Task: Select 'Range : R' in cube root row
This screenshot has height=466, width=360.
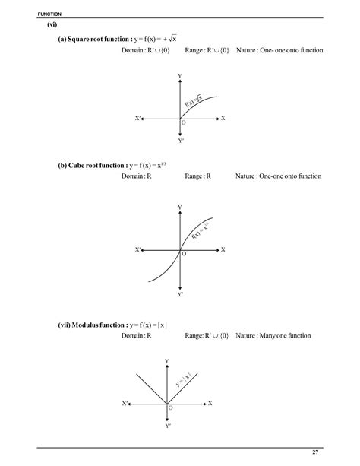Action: click(197, 176)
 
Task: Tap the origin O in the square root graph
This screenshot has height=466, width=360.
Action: click(183, 124)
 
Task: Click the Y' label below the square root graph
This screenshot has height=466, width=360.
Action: click(181, 141)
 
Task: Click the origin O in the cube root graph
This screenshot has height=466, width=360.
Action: click(183, 255)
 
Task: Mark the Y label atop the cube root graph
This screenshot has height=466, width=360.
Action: click(180, 207)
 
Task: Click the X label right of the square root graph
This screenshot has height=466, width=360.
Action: click(223, 118)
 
